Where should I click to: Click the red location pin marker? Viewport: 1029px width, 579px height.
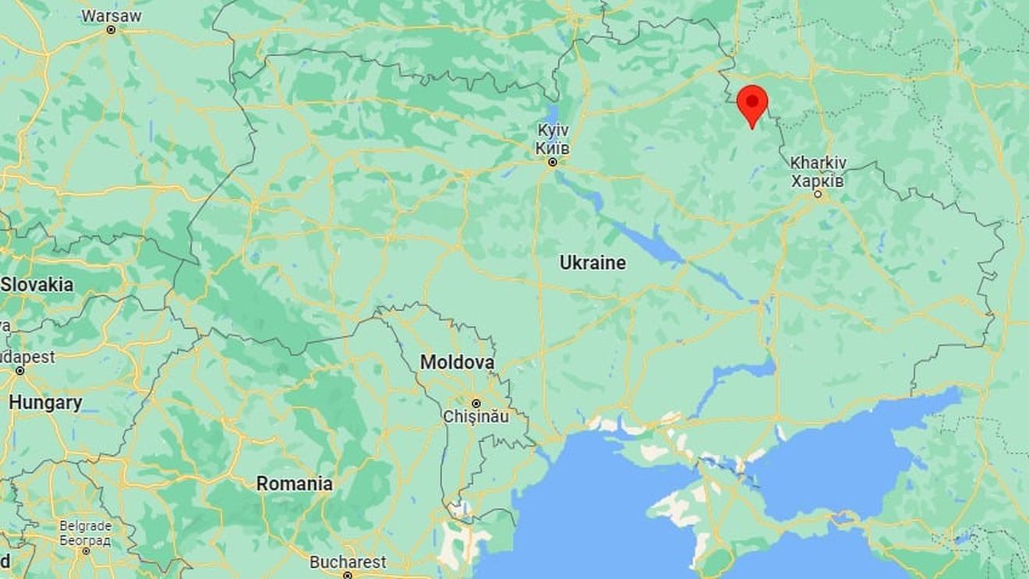752,102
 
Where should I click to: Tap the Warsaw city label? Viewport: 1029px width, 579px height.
111,15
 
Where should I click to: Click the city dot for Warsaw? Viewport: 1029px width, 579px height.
111,30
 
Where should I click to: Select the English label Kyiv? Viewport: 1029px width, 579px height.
552,131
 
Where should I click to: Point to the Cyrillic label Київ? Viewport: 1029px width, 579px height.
552,147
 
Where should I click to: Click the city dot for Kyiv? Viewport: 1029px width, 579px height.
552,162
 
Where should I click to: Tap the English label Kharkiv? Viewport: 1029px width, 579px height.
818,164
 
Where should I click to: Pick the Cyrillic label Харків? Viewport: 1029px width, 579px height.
818,180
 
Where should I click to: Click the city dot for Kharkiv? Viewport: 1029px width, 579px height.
818,194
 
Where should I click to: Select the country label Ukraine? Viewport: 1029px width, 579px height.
592,263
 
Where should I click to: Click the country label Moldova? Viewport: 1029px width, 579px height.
457,362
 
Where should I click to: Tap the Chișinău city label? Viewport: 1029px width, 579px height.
476,417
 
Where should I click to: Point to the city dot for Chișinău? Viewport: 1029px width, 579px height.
476,403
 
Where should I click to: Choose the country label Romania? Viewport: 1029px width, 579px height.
295,484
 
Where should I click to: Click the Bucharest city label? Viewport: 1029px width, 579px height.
348,562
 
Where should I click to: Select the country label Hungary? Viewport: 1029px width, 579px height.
45,403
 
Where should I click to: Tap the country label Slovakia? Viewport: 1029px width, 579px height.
37,284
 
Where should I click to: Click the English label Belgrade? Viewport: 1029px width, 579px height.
85,526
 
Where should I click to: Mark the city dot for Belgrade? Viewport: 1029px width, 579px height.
85,551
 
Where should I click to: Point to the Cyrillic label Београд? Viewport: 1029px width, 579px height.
85,538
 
